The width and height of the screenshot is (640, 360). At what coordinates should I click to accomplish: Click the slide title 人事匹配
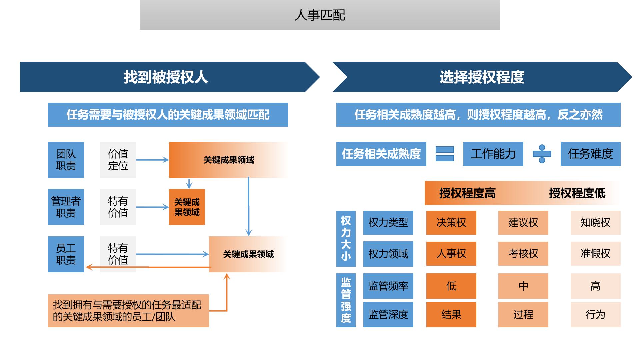pyautogui.click(x=320, y=15)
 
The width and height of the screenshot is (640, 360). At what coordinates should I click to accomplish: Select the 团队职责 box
pyautogui.click(x=66, y=160)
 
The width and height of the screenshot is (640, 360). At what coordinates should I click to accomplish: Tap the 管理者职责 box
pyautogui.click(x=66, y=207)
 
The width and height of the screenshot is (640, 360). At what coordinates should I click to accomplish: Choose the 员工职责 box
pyautogui.click(x=66, y=254)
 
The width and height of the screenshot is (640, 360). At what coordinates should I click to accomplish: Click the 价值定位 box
pyautogui.click(x=118, y=160)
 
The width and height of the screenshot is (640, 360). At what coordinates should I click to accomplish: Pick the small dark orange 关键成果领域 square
pyautogui.click(x=187, y=207)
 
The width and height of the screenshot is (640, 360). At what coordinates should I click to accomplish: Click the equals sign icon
pyautogui.click(x=445, y=154)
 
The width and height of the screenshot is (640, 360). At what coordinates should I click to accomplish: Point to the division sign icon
pyautogui.click(x=542, y=154)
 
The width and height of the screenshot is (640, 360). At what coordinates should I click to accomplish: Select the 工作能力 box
pyautogui.click(x=493, y=154)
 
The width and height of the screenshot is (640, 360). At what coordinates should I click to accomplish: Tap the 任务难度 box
pyautogui.click(x=590, y=154)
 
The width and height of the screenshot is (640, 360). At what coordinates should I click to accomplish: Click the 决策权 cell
pyautogui.click(x=451, y=223)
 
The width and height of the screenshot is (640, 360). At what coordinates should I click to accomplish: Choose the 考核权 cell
pyautogui.click(x=523, y=254)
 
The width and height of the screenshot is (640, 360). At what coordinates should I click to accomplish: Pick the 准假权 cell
pyautogui.click(x=595, y=254)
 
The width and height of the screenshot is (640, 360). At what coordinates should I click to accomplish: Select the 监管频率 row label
pyautogui.click(x=388, y=286)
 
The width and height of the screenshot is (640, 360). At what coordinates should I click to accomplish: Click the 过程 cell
pyautogui.click(x=523, y=315)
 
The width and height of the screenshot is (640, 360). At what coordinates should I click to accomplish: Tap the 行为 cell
pyautogui.click(x=595, y=315)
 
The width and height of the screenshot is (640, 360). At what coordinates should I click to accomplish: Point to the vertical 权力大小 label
pyautogui.click(x=346, y=238)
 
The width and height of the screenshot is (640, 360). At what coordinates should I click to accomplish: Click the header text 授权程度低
pyautogui.click(x=577, y=193)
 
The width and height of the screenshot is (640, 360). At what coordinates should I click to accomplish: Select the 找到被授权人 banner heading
pyautogui.click(x=166, y=77)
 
